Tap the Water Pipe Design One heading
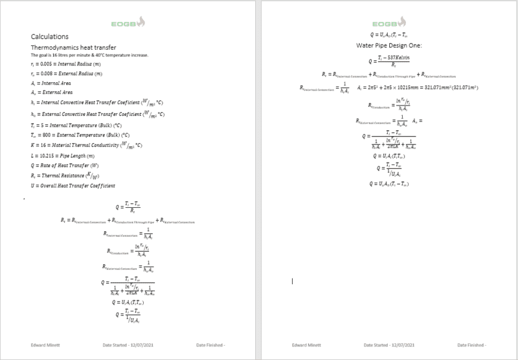tap(388, 46)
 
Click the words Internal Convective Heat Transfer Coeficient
tap(91, 104)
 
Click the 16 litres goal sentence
tap(90, 55)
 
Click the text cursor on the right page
tap(293, 281)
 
